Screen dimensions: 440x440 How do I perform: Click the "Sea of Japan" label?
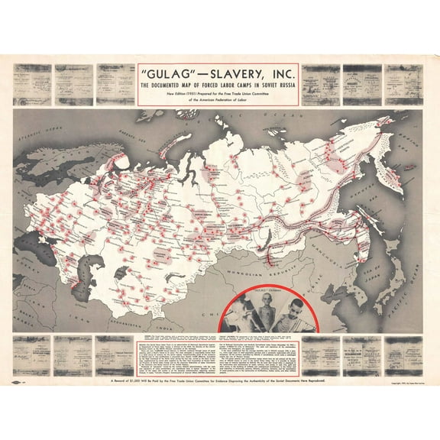(x=369, y=271)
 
